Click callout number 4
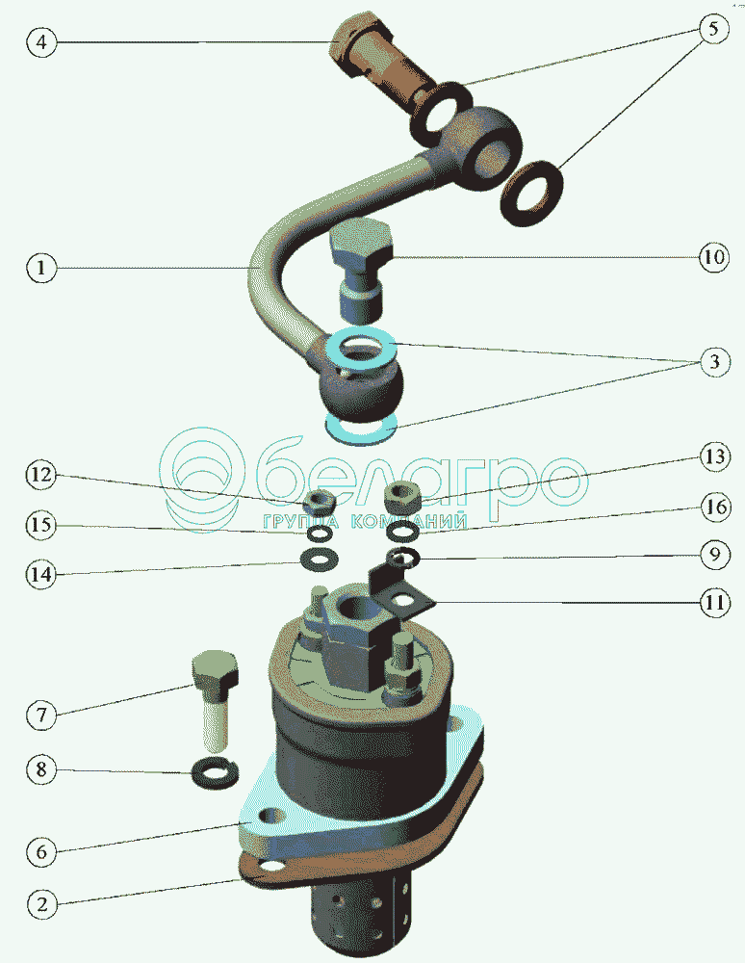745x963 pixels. pos(41,42)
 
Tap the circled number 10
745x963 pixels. pos(714,257)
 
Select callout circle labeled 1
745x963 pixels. pos(41,269)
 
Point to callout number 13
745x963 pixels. pos(715,456)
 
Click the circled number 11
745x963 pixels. pos(715,603)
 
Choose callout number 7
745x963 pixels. pos(41,715)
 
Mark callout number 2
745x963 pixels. pos(41,904)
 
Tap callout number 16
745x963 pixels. pos(715,507)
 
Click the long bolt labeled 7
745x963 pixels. pos(215,700)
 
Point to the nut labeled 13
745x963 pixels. pos(402,496)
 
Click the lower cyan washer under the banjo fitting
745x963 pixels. pos(361,428)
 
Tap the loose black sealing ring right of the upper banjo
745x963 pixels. pos(532,193)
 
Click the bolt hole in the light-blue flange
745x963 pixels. pos(272,818)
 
